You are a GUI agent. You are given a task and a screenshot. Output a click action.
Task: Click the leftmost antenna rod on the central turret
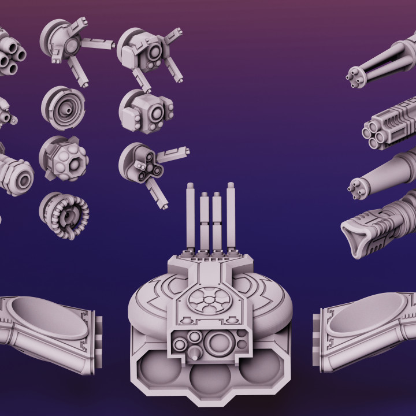191,214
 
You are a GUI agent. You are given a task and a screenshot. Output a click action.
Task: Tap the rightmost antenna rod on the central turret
231,214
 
